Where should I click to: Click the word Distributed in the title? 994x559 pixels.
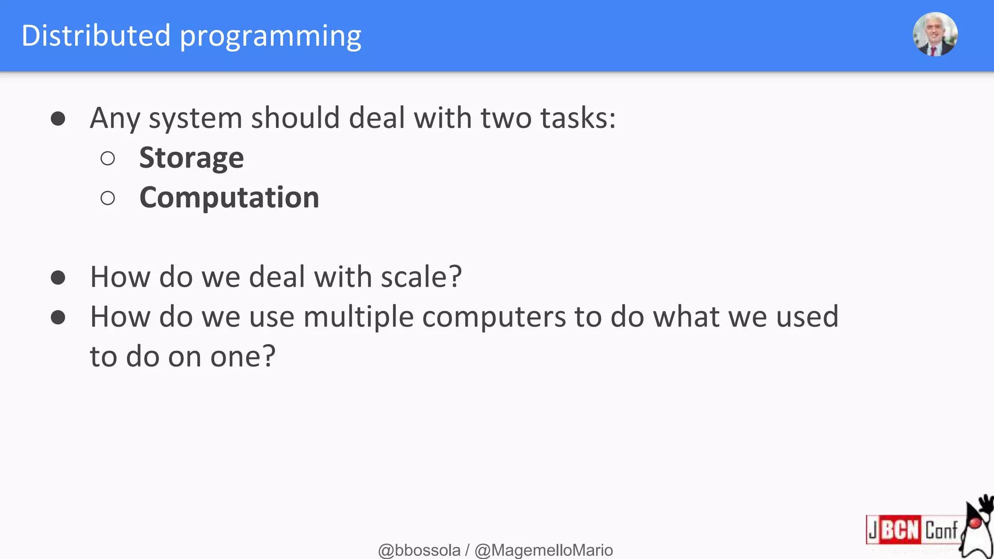96,35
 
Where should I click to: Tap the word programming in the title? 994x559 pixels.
270,37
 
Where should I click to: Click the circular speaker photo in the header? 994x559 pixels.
935,34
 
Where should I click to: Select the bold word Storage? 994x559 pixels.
191,158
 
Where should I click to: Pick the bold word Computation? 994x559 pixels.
229,197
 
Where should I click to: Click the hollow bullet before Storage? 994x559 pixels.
108,158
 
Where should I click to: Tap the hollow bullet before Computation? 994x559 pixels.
108,198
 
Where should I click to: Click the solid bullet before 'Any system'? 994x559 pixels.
58,118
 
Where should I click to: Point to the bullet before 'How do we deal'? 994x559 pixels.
58,278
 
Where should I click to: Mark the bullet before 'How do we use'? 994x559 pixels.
58,317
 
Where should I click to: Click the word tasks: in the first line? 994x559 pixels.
578,118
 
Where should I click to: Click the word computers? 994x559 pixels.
494,317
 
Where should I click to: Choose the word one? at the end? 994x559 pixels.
243,357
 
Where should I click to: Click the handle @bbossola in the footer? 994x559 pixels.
419,550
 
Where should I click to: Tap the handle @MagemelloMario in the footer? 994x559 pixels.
544,550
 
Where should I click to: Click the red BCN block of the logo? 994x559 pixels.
899,529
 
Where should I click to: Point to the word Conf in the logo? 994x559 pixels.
941,530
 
